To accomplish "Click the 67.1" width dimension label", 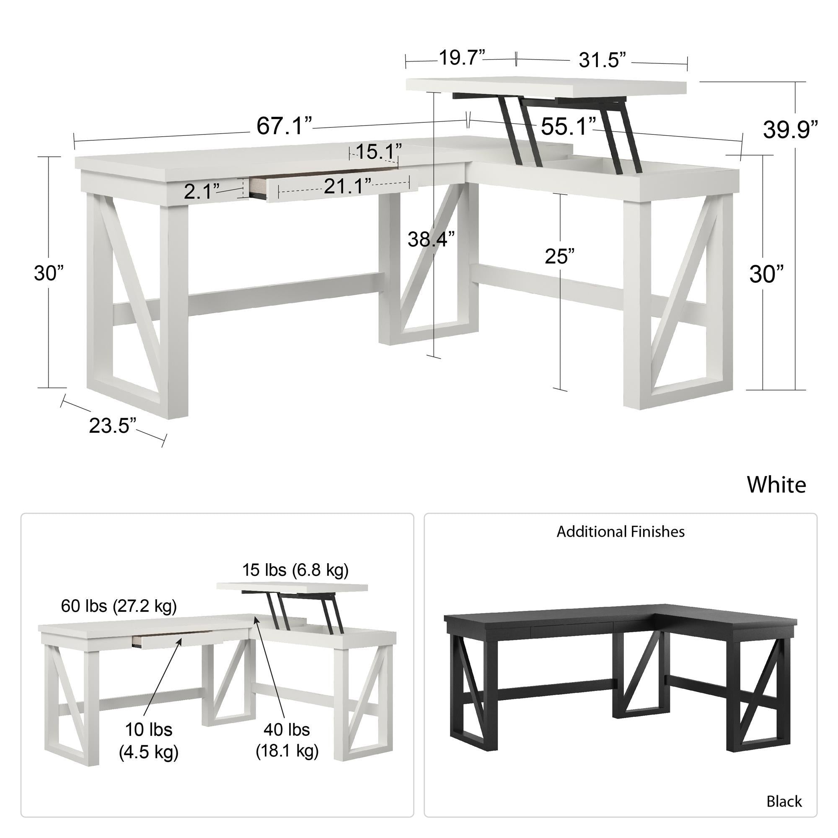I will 284,126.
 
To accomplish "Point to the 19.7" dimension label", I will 462,58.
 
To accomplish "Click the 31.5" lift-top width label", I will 603,60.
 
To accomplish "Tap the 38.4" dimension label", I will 431,239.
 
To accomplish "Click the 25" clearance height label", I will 559,256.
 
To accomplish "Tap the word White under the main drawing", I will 776,484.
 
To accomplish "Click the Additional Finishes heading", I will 620,531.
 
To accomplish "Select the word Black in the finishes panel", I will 784,801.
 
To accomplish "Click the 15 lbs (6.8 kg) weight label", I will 295,569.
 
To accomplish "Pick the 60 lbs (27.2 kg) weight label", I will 119,605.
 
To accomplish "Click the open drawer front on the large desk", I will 343,190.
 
